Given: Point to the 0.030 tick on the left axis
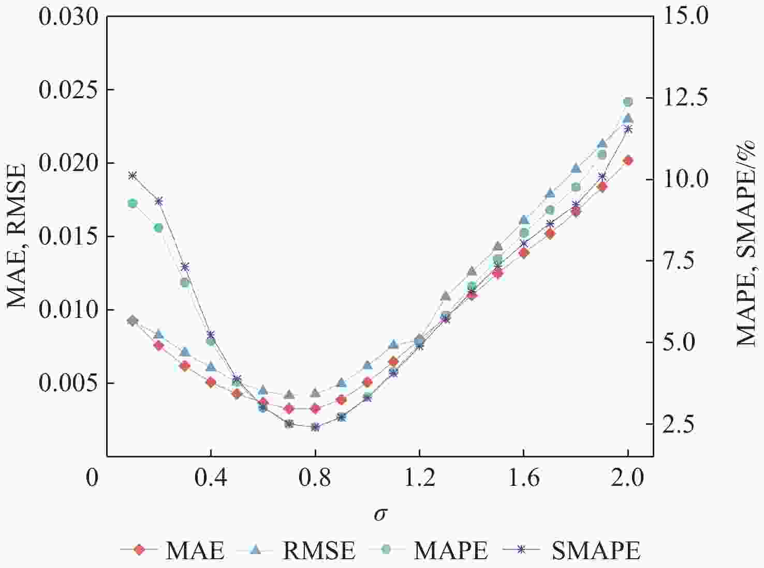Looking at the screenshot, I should coord(68,17).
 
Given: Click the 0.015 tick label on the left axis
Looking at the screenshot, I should coord(68,237).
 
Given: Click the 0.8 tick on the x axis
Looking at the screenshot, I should coord(315,478).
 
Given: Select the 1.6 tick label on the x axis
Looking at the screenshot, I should coord(523,478).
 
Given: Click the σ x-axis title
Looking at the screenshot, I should coord(380,514).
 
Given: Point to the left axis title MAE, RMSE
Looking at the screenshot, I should coord(17,236).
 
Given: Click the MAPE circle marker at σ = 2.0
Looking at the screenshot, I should coord(628,102).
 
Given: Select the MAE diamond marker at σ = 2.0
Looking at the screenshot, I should coord(628,160).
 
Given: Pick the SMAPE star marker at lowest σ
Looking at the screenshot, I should coord(133,176).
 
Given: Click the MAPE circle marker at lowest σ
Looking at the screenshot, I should coord(133,203).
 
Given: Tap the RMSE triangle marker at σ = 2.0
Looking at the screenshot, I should coord(628,118).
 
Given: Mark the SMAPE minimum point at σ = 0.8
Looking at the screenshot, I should coord(315,427).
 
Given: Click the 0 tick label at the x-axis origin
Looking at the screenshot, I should coord(92,478).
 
